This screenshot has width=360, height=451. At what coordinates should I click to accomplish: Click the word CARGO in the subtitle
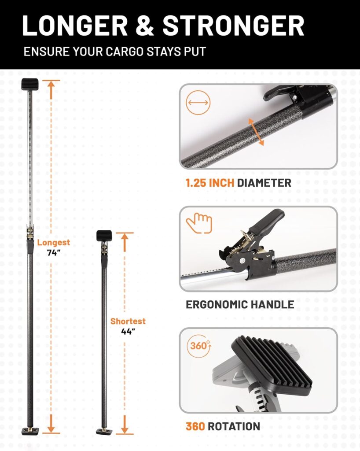125,52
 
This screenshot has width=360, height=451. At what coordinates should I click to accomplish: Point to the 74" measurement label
54,253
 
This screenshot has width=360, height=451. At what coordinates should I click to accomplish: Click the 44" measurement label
128,332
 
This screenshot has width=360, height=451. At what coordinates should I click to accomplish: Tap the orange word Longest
53,243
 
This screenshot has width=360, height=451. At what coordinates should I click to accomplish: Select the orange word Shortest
128,321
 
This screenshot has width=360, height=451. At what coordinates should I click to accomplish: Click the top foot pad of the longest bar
30,84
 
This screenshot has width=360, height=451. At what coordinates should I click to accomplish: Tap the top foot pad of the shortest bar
104,236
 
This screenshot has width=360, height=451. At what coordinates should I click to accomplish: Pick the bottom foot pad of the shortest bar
104,431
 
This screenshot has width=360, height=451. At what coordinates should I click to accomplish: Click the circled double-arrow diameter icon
198,103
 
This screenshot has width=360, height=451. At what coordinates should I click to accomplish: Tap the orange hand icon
199,223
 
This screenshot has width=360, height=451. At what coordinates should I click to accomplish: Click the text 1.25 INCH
210,183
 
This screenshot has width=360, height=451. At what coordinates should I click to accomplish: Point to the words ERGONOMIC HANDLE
240,305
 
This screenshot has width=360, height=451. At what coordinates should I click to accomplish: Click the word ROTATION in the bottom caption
234,426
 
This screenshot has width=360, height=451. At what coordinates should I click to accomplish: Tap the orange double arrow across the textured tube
256,132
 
